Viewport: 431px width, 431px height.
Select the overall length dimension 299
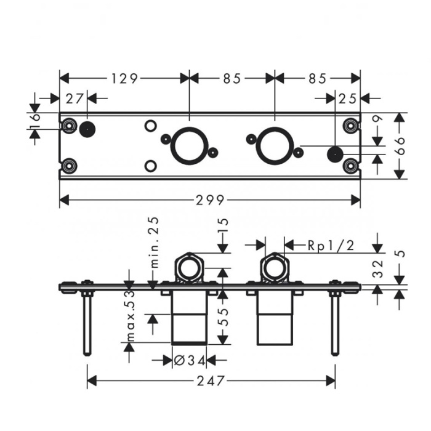(x=211, y=199)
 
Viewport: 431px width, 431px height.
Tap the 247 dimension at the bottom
(x=211, y=381)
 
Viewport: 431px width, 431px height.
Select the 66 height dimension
(x=400, y=146)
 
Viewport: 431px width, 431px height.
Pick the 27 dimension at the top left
(x=74, y=98)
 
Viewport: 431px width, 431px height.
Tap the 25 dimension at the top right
(x=348, y=98)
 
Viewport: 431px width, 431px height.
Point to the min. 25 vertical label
(x=153, y=241)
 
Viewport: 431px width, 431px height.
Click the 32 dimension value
(x=378, y=268)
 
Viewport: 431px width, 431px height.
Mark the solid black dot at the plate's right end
(x=334, y=154)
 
